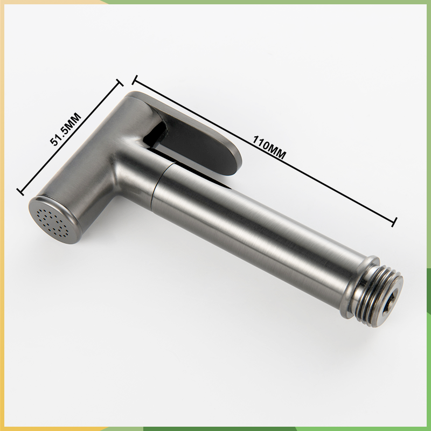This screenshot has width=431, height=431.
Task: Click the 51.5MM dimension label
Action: point(66,129)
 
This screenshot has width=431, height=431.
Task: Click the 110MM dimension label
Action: point(269,147)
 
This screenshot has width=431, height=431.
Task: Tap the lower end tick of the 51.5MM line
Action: point(20,192)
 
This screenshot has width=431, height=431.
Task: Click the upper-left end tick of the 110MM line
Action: point(134,80)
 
